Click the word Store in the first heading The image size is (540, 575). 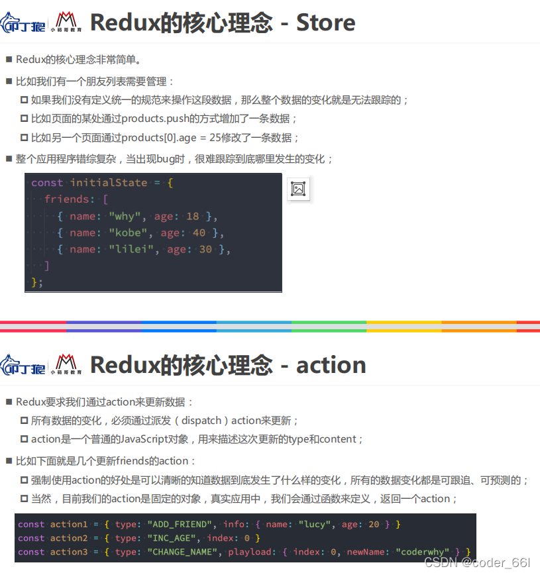point(325,23)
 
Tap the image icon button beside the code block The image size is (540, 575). point(298,189)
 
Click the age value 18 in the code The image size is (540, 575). point(192,216)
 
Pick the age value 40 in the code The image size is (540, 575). point(199,233)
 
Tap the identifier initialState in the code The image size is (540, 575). point(109,183)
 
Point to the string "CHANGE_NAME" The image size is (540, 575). point(184,552)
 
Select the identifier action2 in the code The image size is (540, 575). point(69,538)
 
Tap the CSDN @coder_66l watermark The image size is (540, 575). point(477,562)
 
